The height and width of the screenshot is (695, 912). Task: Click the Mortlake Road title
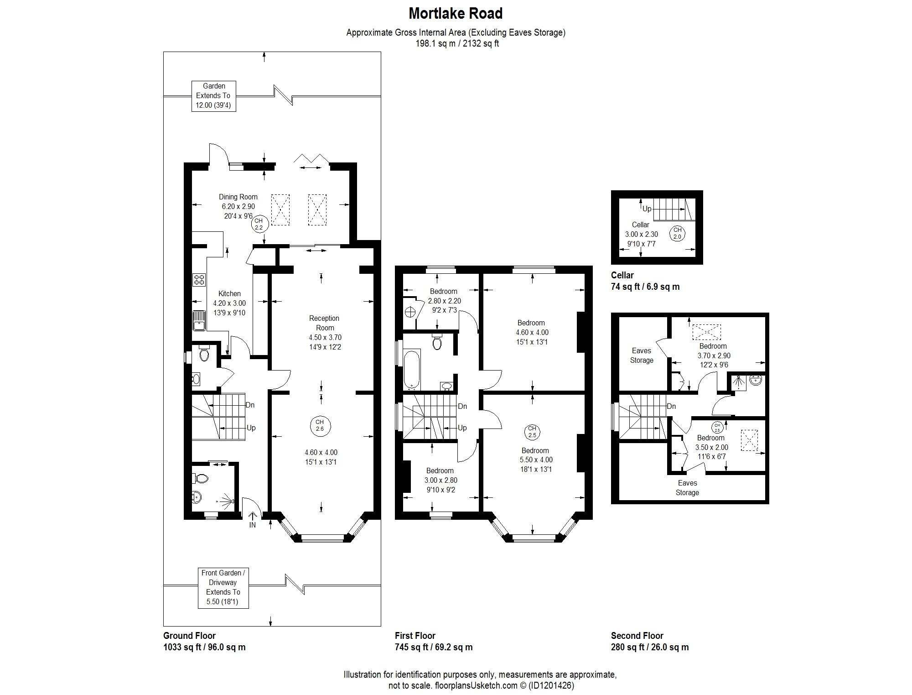[455, 13]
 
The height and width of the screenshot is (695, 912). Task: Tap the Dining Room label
[238, 197]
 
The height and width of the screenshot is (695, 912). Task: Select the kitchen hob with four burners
[199, 279]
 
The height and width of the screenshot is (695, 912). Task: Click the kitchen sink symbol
[199, 320]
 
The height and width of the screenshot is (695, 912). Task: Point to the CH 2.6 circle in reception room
[320, 426]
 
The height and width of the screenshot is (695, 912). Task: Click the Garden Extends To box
[213, 96]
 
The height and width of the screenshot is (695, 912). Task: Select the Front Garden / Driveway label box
[223, 588]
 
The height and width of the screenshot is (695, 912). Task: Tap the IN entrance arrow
[253, 519]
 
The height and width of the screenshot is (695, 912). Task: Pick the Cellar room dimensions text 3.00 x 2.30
[641, 234]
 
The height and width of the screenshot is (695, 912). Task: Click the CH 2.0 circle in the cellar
[677, 233]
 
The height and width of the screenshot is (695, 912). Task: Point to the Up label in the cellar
[647, 209]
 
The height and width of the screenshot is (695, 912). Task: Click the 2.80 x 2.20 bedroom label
[444, 301]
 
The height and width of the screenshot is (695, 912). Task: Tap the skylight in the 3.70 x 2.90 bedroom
[706, 332]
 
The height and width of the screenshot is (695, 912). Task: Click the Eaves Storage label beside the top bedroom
[642, 355]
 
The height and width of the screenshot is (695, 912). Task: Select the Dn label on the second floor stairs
[671, 406]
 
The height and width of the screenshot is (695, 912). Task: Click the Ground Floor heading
[189, 635]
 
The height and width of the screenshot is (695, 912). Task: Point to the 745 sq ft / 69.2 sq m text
[433, 647]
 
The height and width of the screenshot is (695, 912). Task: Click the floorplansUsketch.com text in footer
[476, 685]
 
